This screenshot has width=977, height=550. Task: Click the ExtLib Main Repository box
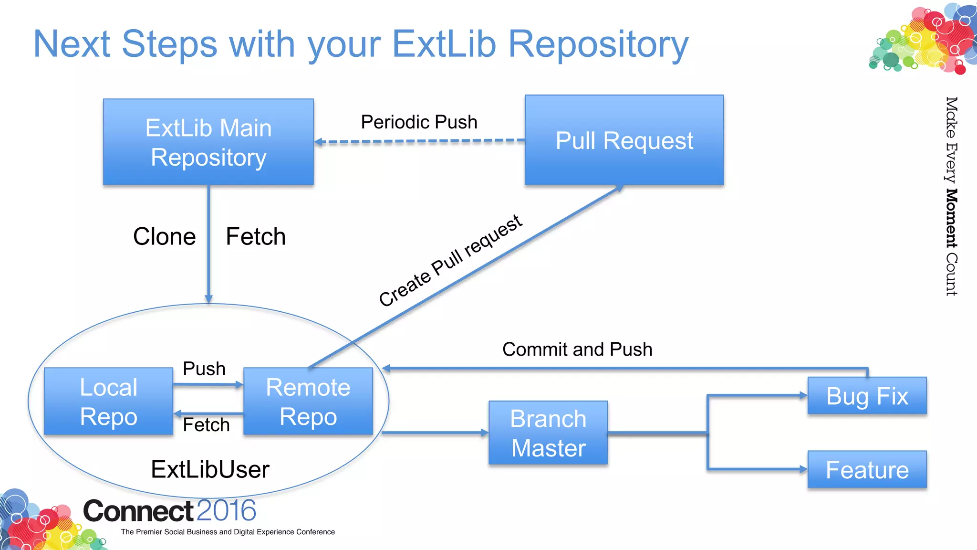point(208,142)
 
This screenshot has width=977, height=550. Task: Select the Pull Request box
point(624,140)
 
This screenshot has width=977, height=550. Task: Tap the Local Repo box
point(108,401)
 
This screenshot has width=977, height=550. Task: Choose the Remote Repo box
point(308,401)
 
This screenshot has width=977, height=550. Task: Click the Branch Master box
point(548,433)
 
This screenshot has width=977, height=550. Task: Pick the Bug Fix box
point(867,396)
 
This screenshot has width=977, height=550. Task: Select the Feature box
point(867,469)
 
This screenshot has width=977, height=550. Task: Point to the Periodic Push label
point(419,122)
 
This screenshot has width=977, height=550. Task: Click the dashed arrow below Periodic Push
point(420,141)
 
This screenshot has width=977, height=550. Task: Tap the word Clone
point(164,237)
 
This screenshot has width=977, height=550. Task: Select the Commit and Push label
point(577,349)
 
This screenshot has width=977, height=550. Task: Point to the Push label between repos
point(204,369)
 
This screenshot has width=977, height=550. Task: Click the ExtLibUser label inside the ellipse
point(210,469)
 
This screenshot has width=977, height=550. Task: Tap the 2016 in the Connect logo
point(226,511)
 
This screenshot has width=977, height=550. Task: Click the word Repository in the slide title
point(598,44)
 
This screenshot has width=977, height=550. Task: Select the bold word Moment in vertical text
point(951,218)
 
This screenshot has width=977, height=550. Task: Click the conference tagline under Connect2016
point(228,532)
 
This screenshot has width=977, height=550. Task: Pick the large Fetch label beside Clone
point(256,237)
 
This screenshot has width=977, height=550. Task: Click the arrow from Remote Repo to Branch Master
point(434,433)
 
